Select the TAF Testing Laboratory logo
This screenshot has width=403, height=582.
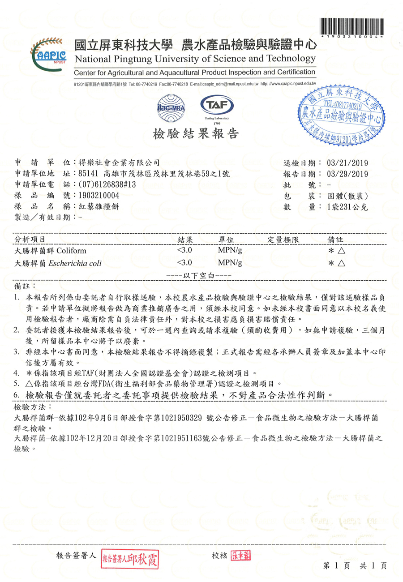pyautogui.click(x=216, y=108)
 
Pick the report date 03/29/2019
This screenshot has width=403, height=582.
pyautogui.click(x=347, y=174)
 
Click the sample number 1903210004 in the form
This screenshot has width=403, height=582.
pyautogui.click(x=99, y=195)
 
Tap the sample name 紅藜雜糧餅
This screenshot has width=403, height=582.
pyautogui.click(x=99, y=206)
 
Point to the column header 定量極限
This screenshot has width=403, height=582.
pyautogui.click(x=283, y=240)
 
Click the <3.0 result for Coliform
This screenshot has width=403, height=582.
pyautogui.click(x=184, y=251)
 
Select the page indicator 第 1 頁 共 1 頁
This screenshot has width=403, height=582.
pyautogui.click(x=355, y=565)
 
